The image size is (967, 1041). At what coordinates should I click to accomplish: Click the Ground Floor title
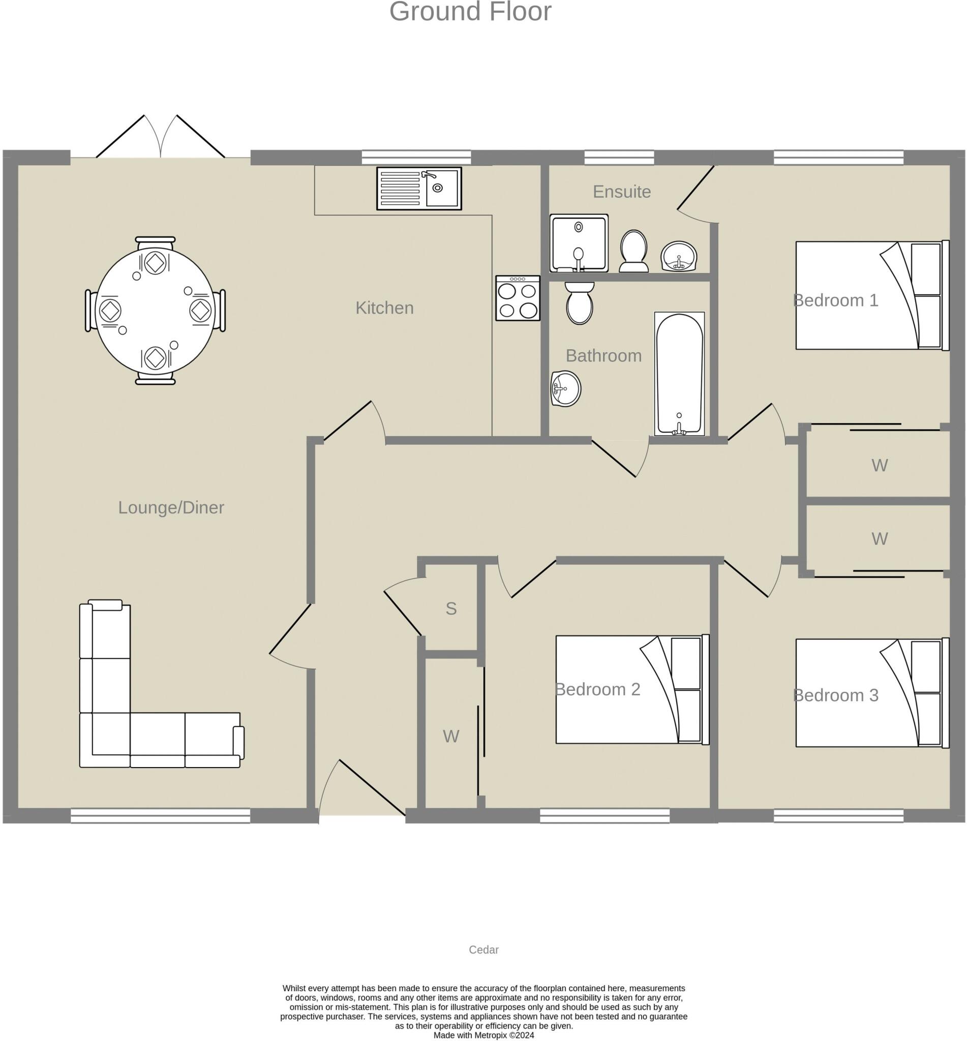(470, 12)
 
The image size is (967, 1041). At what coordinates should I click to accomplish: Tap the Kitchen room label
(384, 308)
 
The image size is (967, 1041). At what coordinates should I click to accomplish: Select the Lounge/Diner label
(171, 507)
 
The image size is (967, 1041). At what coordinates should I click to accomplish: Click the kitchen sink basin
(442, 188)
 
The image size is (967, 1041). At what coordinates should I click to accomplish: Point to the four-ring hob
(518, 298)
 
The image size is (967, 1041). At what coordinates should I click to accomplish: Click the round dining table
(156, 310)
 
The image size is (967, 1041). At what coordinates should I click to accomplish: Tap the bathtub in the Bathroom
(679, 374)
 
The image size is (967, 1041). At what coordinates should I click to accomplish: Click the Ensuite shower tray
(579, 243)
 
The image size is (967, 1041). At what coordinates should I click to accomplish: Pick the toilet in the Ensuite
(633, 251)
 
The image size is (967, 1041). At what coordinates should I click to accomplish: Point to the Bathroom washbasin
(566, 388)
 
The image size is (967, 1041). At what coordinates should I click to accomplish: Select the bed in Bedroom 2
(632, 689)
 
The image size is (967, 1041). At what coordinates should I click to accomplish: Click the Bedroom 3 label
(836, 695)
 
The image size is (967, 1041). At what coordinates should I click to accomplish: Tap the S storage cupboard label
(451, 608)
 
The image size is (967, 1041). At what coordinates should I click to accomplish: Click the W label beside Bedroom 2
(451, 736)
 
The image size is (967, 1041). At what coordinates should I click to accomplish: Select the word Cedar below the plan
(483, 950)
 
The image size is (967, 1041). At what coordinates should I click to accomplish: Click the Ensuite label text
(622, 192)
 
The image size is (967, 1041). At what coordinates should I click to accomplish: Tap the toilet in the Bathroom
(579, 303)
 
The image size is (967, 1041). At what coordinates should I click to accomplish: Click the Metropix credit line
(483, 1035)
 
